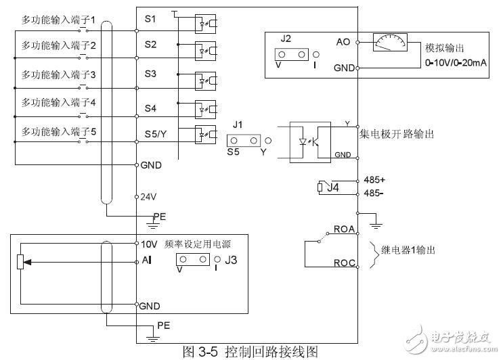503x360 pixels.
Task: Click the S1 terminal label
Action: [x=150, y=19]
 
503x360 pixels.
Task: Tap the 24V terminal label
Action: [x=148, y=197]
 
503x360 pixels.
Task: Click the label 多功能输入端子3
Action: [x=58, y=74]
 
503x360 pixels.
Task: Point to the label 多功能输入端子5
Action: [x=58, y=131]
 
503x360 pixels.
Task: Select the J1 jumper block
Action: [x=245, y=141]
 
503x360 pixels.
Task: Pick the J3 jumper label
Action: [x=232, y=258]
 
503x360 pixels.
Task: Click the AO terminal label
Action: [x=343, y=41]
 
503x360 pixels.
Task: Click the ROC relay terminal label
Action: [x=343, y=263]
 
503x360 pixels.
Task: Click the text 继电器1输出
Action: [x=408, y=250]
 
